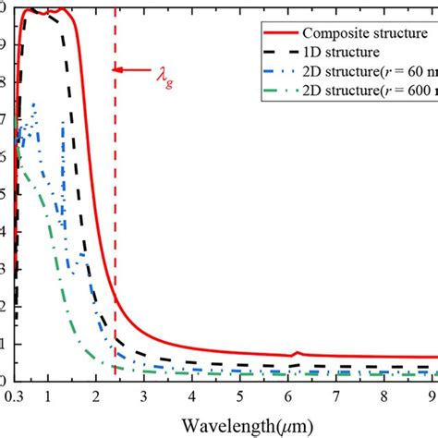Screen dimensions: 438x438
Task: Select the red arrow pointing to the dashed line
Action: click(128, 68)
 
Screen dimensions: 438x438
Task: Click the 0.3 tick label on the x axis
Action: click(15, 397)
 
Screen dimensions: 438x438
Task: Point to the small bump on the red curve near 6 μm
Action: click(295, 353)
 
